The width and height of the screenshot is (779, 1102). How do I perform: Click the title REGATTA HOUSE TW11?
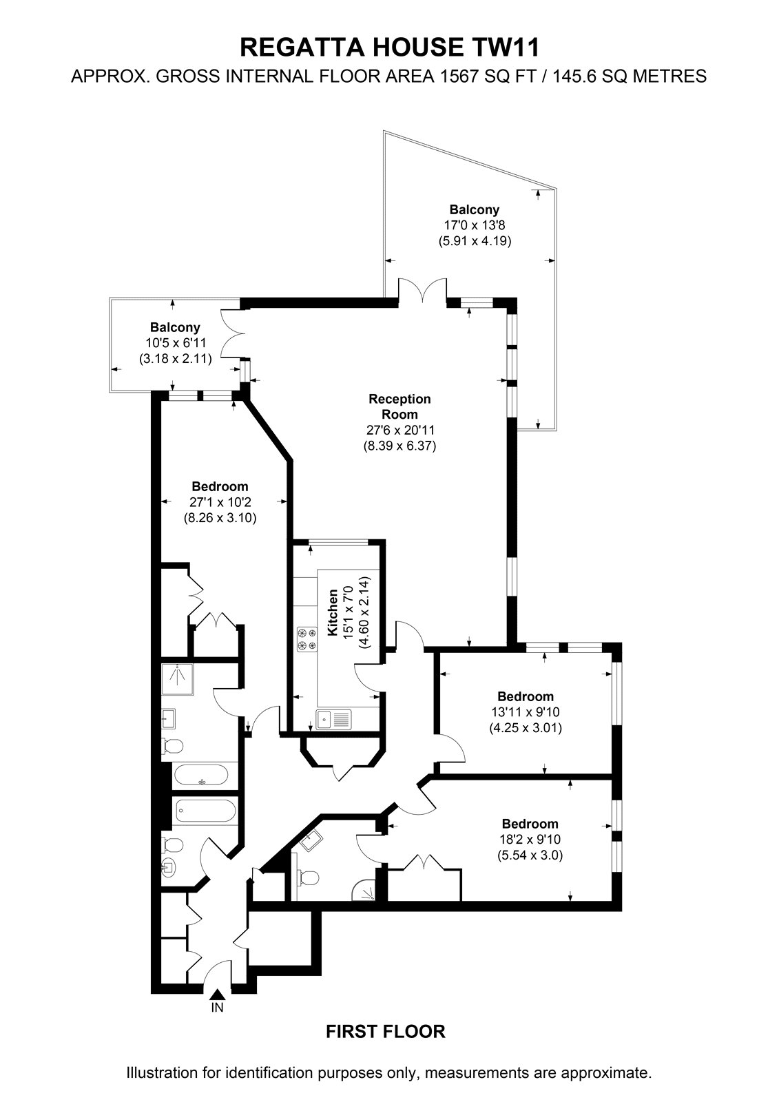pos(390,48)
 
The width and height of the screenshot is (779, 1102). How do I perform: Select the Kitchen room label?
pos(333,612)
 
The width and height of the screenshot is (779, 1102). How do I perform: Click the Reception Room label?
pos(399,406)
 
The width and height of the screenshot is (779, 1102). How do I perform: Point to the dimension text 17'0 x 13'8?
pos(475,225)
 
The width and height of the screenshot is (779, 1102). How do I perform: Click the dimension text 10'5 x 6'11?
pos(175,343)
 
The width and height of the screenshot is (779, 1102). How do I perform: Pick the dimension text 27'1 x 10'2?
pos(220,502)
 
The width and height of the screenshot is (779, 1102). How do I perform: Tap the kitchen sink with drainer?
pos(334,719)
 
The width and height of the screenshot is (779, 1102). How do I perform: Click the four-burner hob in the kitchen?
pos(306,638)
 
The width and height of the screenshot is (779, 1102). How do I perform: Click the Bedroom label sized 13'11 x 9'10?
pos(526,696)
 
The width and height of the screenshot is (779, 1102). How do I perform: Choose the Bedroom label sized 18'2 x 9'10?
pos(530,824)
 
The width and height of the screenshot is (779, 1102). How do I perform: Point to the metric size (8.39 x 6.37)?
pos(399,446)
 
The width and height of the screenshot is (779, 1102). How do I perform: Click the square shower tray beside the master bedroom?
pos(177,679)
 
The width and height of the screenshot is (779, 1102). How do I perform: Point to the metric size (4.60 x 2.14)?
pos(364,612)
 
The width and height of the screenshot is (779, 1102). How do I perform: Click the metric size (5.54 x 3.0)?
pos(530,855)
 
